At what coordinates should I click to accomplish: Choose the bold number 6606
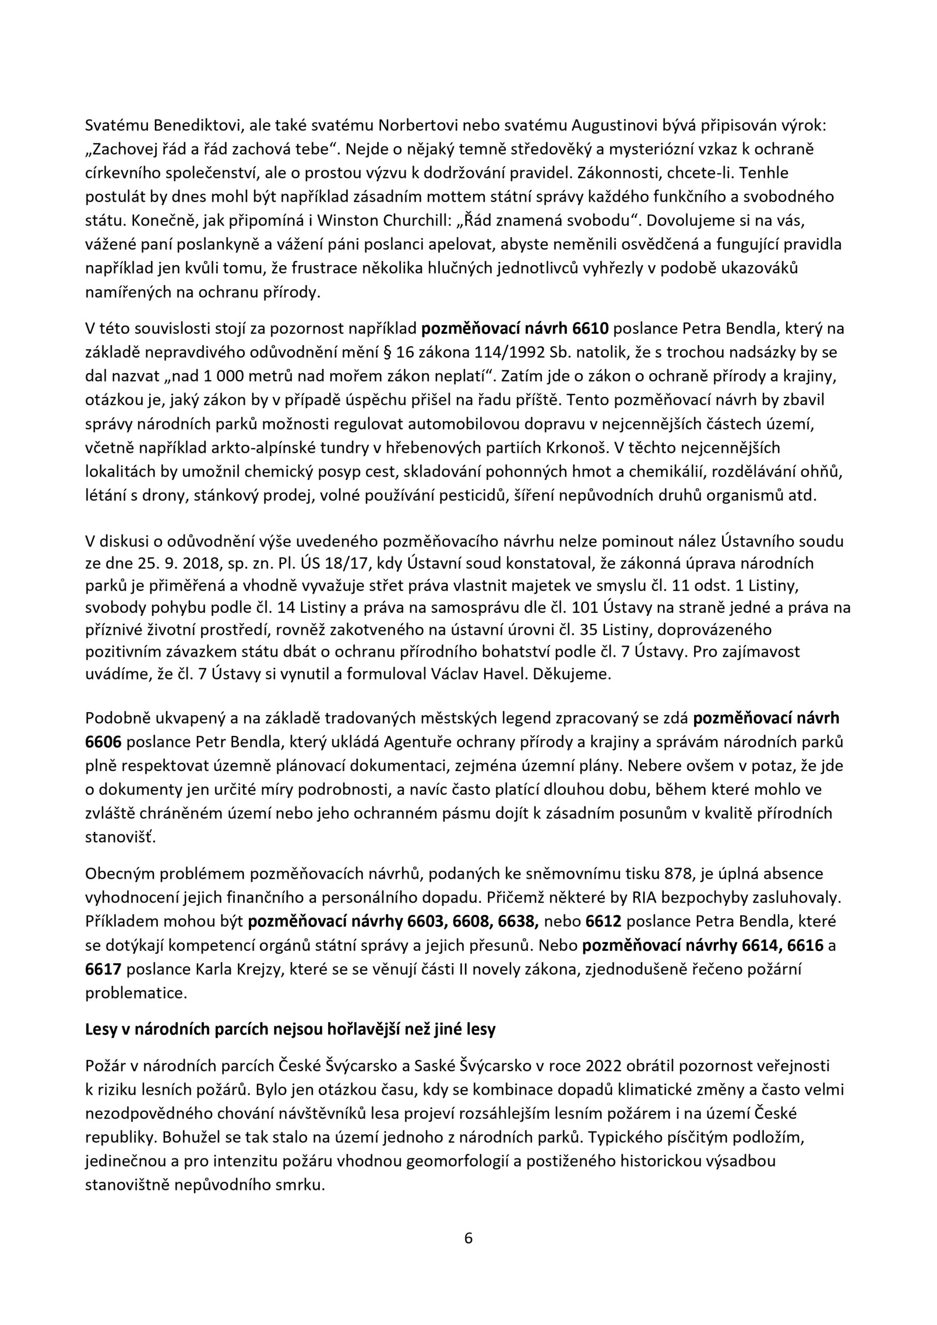pyautogui.click(x=103, y=742)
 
